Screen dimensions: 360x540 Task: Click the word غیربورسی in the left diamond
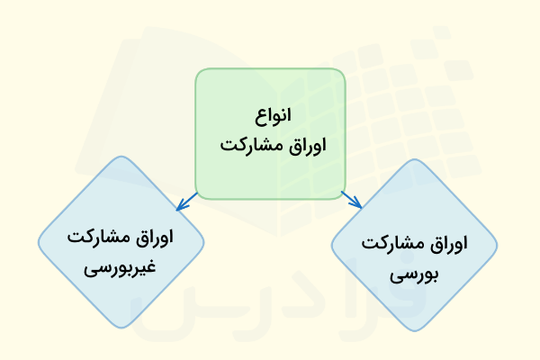121,268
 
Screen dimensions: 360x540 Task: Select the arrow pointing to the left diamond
187,198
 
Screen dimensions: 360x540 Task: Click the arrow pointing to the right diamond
351,198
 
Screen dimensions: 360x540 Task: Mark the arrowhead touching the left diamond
179,203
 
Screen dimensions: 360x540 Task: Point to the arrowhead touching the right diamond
358,203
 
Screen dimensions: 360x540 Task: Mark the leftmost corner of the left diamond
39,241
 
